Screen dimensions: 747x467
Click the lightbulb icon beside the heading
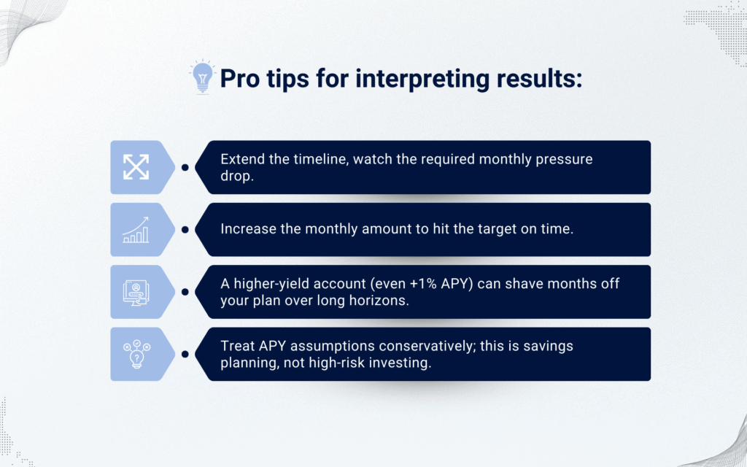tap(203, 77)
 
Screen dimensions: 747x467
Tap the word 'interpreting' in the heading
tap(422, 79)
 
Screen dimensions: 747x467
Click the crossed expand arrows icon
tap(136, 167)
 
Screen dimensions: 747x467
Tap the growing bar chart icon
tap(136, 230)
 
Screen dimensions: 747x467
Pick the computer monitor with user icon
tap(136, 292)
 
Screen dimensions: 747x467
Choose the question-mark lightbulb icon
tap(136, 354)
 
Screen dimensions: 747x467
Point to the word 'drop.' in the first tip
tap(237, 177)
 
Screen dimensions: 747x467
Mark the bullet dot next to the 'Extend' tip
tap(185, 167)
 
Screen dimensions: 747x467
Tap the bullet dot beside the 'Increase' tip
tap(185, 230)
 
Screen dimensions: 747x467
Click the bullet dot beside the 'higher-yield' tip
tap(185, 292)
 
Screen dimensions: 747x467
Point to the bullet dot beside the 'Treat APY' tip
tap(185, 354)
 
